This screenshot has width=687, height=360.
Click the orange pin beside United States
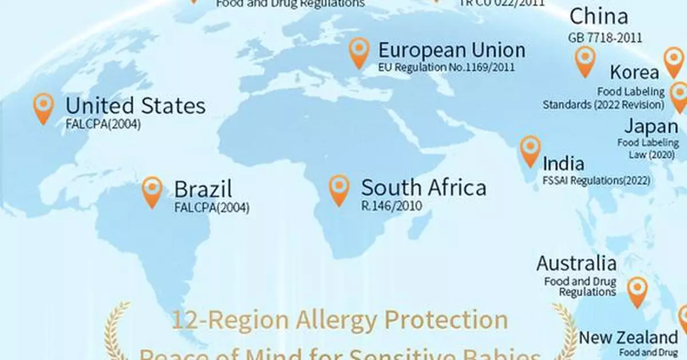pyautogui.click(x=44, y=107)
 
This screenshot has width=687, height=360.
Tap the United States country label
pyautogui.click(x=135, y=106)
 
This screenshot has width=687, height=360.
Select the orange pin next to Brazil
pyautogui.click(x=152, y=191)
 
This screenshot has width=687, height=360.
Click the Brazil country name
pyautogui.click(x=203, y=189)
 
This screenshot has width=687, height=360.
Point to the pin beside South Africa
pyautogui.click(x=339, y=189)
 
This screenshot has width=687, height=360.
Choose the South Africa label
pyautogui.click(x=424, y=188)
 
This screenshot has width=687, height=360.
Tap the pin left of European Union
pyautogui.click(x=359, y=52)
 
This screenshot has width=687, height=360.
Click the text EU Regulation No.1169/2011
pyautogui.click(x=447, y=68)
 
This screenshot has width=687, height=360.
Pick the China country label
pyautogui.click(x=599, y=17)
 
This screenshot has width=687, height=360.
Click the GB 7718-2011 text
pyautogui.click(x=605, y=38)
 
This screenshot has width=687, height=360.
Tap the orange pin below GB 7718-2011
pyautogui.click(x=585, y=60)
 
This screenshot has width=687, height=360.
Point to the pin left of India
pyautogui.click(x=530, y=150)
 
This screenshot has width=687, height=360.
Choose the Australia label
pyautogui.click(x=577, y=264)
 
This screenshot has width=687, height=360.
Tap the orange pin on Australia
pyautogui.click(x=637, y=291)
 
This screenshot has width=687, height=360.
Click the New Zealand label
pyautogui.click(x=628, y=337)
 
